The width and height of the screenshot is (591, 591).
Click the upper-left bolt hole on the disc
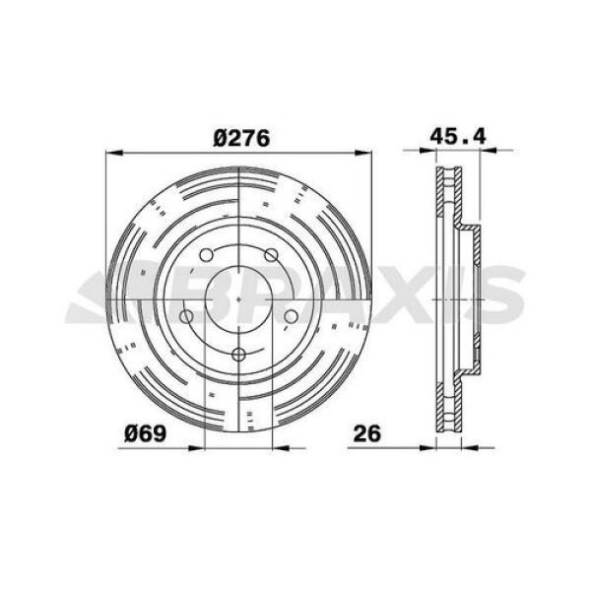click(206, 257)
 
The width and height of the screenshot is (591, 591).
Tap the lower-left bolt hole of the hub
click(186, 316)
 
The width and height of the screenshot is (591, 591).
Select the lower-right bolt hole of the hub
click(292, 316)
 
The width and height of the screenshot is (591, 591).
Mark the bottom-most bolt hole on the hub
click(238, 356)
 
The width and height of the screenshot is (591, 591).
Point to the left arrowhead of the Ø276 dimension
click(111, 153)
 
